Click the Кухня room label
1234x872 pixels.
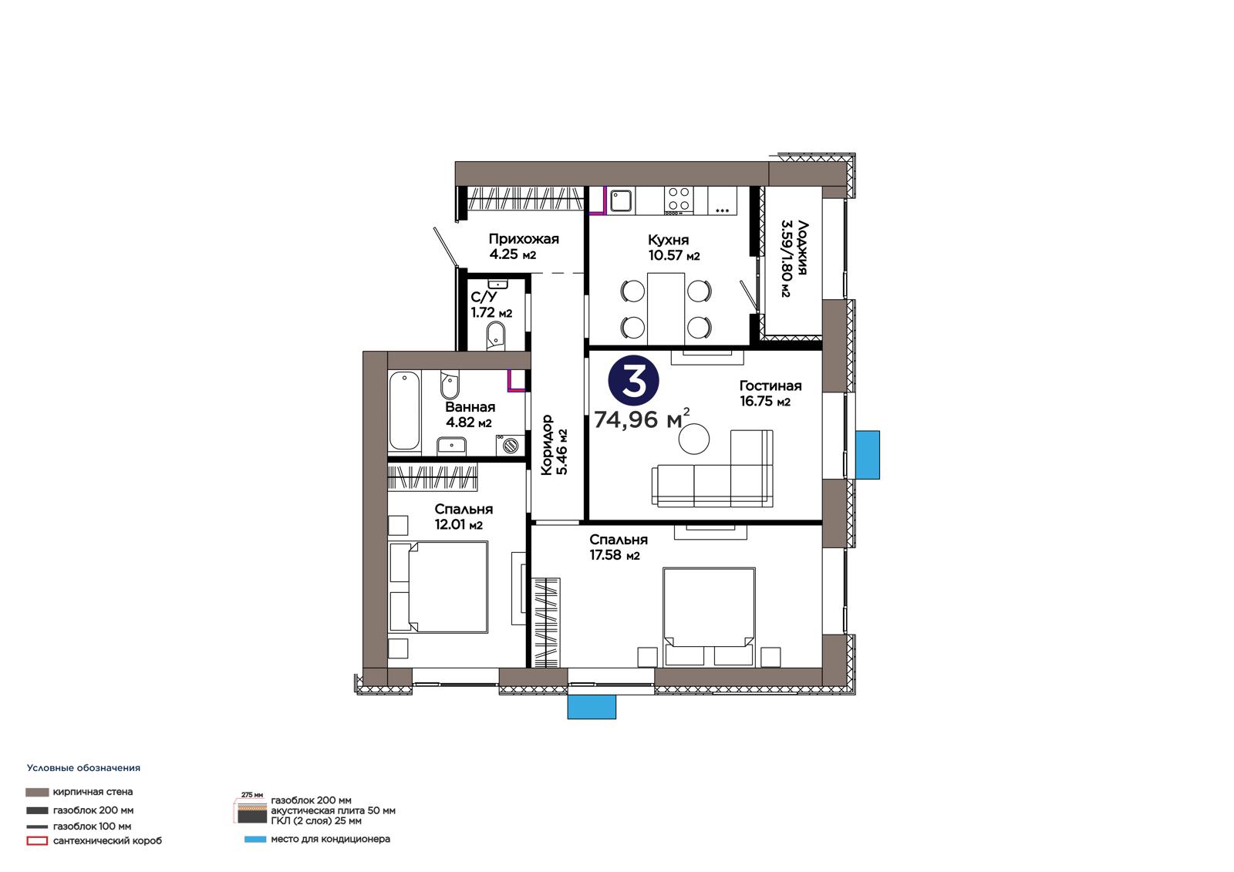[668, 241]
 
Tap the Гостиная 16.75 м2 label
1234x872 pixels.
[770, 393]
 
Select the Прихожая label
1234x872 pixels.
[524, 239]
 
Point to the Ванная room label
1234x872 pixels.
[470, 407]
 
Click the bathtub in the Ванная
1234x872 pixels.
[404, 411]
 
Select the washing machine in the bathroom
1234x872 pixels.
[510, 445]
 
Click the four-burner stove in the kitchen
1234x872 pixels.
[678, 200]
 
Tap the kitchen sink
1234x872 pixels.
[620, 200]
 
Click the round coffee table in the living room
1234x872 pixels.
[693, 439]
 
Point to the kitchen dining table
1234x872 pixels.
[666, 309]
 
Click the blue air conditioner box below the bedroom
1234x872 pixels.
[592, 707]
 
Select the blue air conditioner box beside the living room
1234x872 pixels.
[867, 455]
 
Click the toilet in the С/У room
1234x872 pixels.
[495, 336]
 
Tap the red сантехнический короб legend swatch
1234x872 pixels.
[37, 841]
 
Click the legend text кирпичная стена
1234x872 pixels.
[93, 792]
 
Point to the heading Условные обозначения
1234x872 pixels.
[84, 768]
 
